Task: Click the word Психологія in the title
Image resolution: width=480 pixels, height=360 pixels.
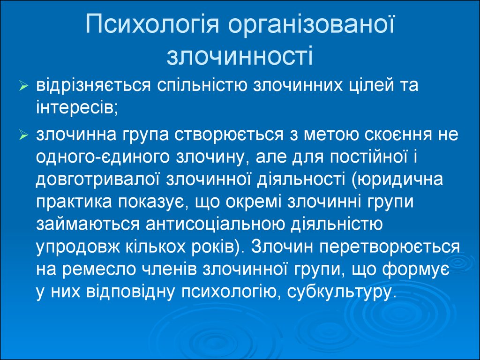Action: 152,24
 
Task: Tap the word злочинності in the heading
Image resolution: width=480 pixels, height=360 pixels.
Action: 240,56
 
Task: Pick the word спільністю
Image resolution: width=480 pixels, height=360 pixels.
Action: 202,86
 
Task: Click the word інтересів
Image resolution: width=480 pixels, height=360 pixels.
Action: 77,108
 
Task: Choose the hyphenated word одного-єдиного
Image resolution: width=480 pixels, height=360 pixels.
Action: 103,157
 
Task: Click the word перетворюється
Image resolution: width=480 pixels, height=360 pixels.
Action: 390,247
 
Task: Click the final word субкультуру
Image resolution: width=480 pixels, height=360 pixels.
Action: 339,292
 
